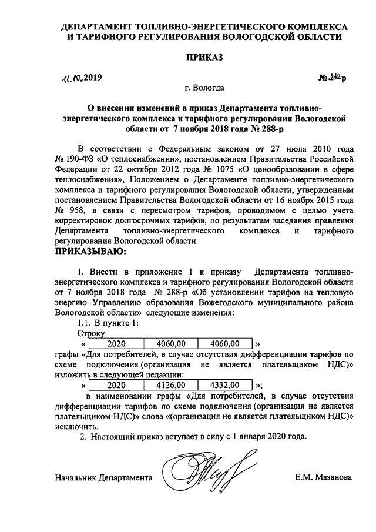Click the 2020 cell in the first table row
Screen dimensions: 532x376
point(116,343)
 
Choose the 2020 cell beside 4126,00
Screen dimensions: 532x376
point(116,385)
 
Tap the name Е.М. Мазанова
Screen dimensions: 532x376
point(324,477)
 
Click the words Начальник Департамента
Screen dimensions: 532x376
point(104,477)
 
